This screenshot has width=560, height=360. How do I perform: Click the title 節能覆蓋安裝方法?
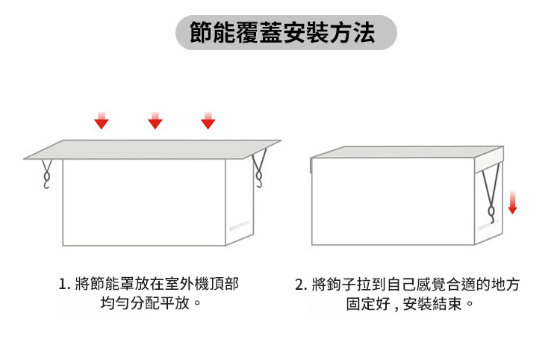pyautogui.click(x=282, y=33)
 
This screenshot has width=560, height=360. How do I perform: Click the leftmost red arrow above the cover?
pyautogui.click(x=102, y=121)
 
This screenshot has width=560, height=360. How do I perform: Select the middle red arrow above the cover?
pyautogui.click(x=155, y=121)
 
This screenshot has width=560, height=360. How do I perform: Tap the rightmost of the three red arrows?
pyautogui.click(x=208, y=121)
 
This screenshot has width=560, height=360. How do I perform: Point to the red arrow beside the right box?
pyautogui.click(x=513, y=202)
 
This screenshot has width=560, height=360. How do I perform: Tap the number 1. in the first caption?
pyautogui.click(x=63, y=285)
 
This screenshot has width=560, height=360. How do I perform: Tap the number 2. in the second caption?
pyautogui.click(x=301, y=285)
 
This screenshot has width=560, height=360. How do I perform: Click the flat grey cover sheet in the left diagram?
pyautogui.click(x=152, y=149)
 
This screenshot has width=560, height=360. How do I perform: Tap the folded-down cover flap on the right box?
pyautogui.click(x=488, y=160)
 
